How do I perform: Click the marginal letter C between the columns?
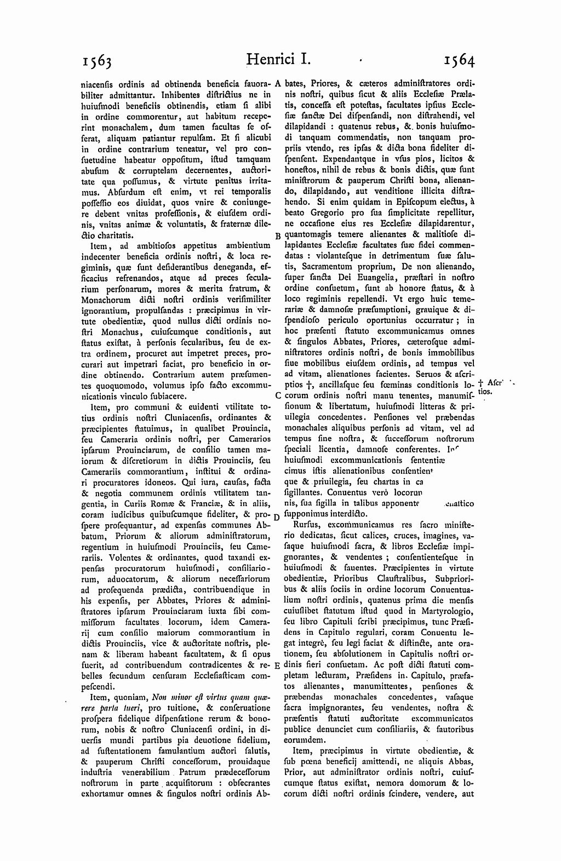(x=278, y=395)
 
